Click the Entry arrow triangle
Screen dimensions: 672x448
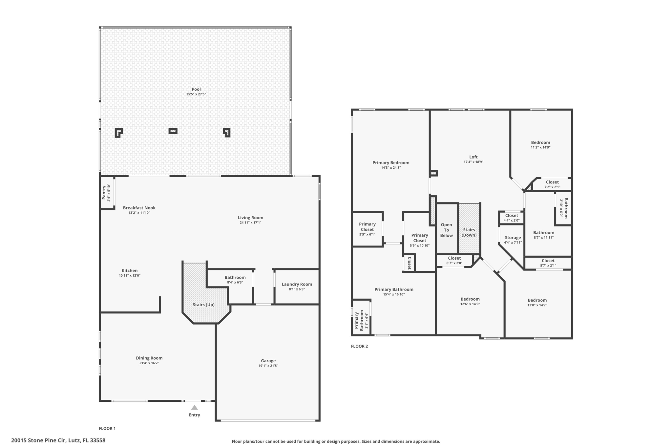pyautogui.click(x=194, y=408)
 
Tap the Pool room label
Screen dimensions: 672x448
pyautogui.click(x=196, y=89)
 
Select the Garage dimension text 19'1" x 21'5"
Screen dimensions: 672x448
pyautogui.click(x=268, y=366)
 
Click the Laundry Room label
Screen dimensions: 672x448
pyautogui.click(x=297, y=284)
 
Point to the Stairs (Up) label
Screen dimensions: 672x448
pyautogui.click(x=204, y=305)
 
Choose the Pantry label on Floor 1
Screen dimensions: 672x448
pyautogui.click(x=104, y=193)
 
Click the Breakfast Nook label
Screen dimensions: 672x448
pyautogui.click(x=139, y=208)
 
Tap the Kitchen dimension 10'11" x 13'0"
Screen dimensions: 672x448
pyautogui.click(x=130, y=276)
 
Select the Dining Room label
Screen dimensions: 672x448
pyautogui.click(x=149, y=358)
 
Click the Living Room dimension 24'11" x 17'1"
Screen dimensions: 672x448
pyautogui.click(x=250, y=223)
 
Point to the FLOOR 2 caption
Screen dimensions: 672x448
pyautogui.click(x=359, y=346)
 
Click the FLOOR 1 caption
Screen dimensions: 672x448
pyautogui.click(x=107, y=428)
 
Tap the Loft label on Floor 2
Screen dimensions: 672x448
pyautogui.click(x=473, y=157)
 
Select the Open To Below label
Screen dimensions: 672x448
pyautogui.click(x=446, y=230)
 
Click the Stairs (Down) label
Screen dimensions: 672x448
pyautogui.click(x=469, y=232)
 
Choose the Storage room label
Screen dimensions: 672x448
pyautogui.click(x=513, y=238)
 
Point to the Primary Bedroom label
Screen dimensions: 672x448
pyautogui.click(x=391, y=163)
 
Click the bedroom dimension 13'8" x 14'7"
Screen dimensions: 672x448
pyautogui.click(x=537, y=305)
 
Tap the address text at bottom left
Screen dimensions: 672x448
pyautogui.click(x=58, y=440)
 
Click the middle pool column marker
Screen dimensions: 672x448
pyautogui.click(x=173, y=131)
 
